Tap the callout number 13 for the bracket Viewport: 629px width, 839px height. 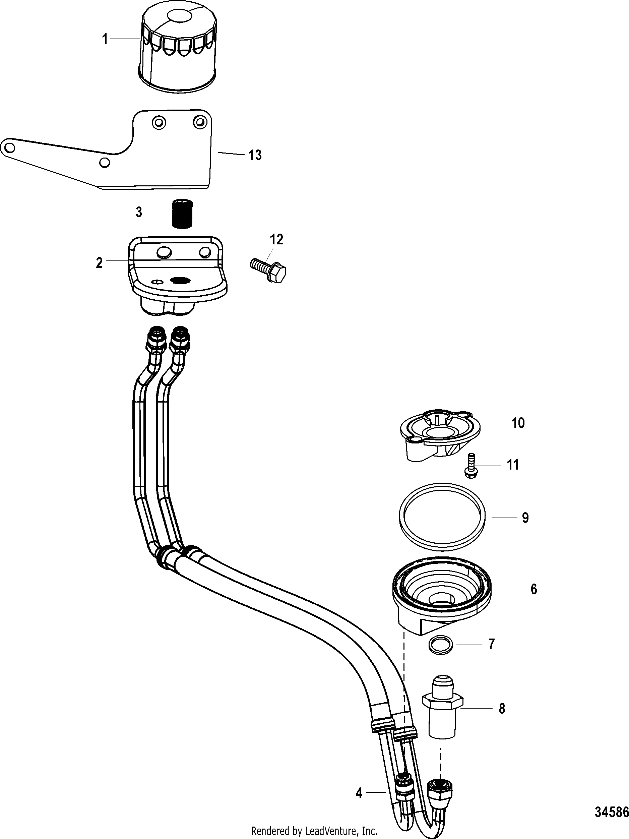[x=255, y=155]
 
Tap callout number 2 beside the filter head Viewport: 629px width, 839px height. [x=99, y=262]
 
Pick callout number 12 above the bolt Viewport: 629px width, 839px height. [x=276, y=240]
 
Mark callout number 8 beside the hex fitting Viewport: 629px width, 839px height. [x=502, y=709]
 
